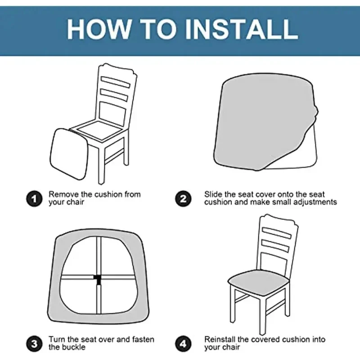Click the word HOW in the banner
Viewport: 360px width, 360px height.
(x=98, y=30)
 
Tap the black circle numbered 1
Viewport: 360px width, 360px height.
(x=34, y=198)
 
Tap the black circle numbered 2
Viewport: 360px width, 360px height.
(x=183, y=198)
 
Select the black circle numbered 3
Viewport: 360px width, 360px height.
(x=34, y=344)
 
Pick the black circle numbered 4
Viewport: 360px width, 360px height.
(x=183, y=344)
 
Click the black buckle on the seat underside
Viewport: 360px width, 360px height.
(x=98, y=279)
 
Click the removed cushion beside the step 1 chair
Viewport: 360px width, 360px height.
(x=69, y=154)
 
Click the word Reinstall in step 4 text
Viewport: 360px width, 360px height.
(x=220, y=339)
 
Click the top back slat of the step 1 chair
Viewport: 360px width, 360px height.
(x=116, y=82)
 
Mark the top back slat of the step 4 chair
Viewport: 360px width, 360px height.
(x=277, y=233)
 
